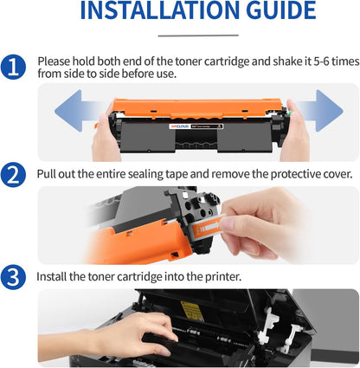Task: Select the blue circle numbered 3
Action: coord(14,276)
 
